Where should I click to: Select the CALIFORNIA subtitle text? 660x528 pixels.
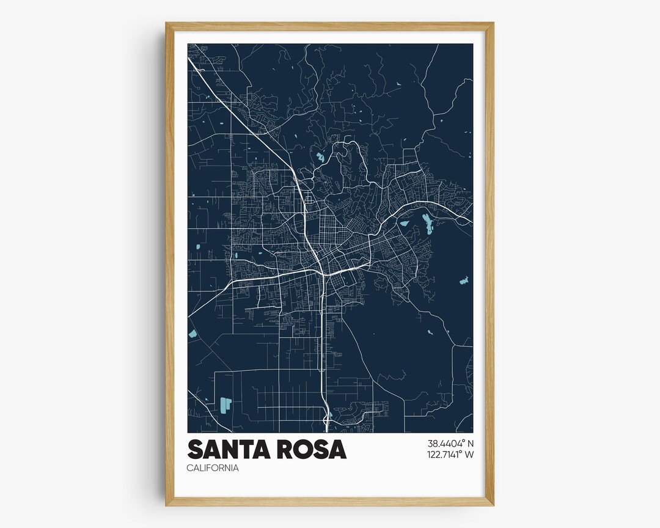coord(213,468)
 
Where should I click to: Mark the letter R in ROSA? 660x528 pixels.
coord(292,449)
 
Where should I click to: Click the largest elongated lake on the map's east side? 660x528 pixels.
coord(427,226)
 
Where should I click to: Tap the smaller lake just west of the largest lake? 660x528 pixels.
coord(404,223)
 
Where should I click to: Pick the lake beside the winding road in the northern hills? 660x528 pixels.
coord(320,158)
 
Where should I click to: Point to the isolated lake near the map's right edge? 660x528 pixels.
coord(463,282)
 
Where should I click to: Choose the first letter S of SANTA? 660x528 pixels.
coord(196,449)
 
